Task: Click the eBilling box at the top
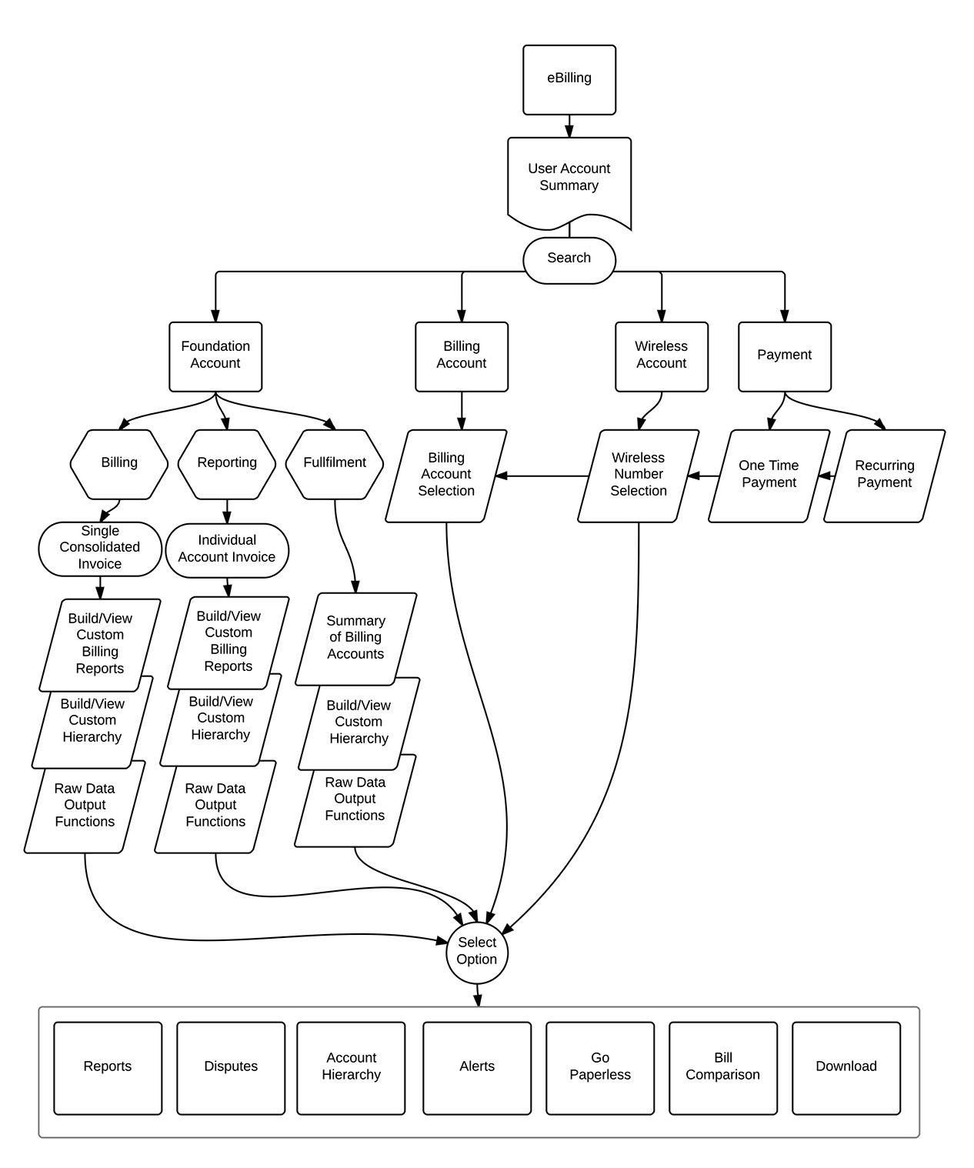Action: (569, 79)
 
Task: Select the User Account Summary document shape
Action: (569, 179)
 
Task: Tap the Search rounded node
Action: (569, 259)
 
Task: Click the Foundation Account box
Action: (215, 355)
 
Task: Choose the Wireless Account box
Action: (661, 355)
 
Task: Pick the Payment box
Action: (784, 355)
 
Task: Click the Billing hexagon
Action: (119, 463)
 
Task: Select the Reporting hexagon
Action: (227, 463)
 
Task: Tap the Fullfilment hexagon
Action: (335, 463)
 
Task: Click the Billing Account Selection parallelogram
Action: (446, 476)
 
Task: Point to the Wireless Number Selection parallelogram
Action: (639, 476)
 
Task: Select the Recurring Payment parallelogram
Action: (884, 476)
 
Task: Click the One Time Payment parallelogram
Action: (769, 476)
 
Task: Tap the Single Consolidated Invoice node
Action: (100, 549)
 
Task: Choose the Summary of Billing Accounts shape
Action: (355, 638)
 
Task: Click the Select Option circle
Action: (477, 952)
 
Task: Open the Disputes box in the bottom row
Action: (231, 1067)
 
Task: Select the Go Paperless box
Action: (600, 1067)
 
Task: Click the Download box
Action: (846, 1067)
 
